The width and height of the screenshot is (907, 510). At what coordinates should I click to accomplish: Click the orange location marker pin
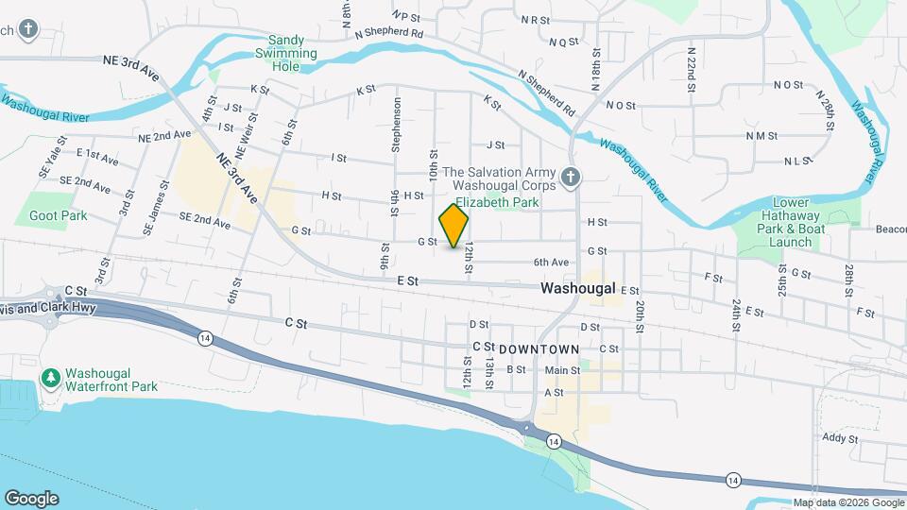[x=454, y=226]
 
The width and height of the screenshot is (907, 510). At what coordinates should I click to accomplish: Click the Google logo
[x=31, y=499]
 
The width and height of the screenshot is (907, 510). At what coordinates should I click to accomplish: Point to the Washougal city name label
[x=577, y=287]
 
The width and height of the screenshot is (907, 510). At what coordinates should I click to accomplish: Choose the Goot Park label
[x=59, y=215]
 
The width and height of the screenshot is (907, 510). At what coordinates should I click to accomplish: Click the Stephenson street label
[x=397, y=126]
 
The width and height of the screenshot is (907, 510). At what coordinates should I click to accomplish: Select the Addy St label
[x=839, y=438]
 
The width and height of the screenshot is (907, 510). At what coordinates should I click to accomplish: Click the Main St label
[x=561, y=370]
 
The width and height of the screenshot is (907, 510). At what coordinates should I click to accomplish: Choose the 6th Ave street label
[x=551, y=262]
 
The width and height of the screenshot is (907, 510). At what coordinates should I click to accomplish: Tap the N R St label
[x=536, y=19]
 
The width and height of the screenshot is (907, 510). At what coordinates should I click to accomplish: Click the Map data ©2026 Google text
[x=847, y=502]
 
